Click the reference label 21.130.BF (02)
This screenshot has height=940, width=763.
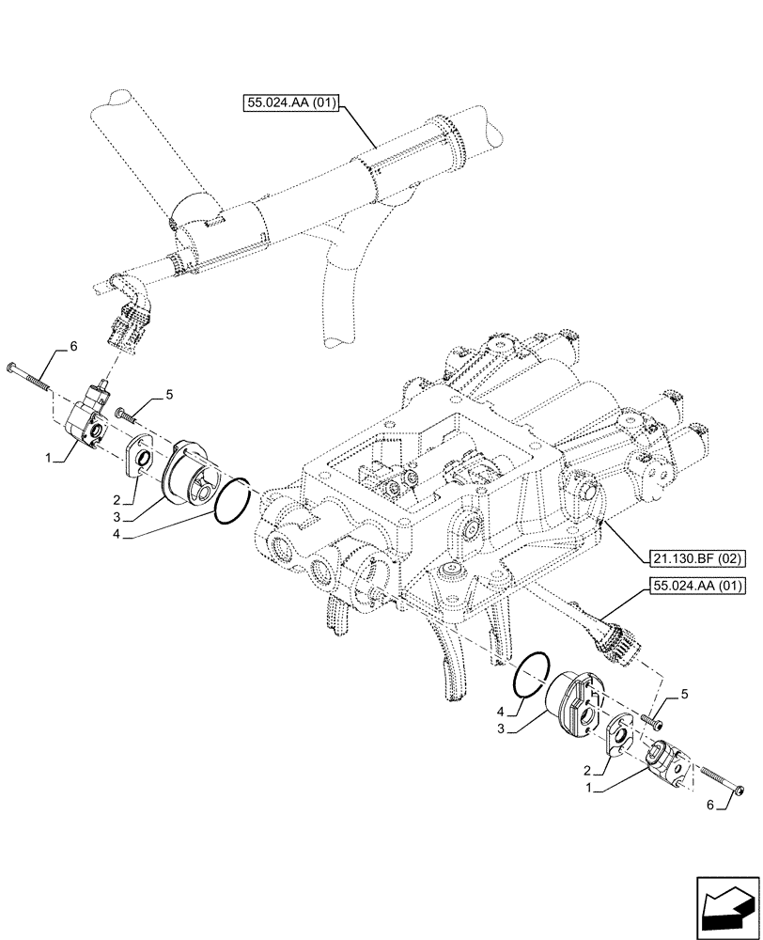(697, 558)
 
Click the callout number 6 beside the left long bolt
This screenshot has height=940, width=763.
(71, 347)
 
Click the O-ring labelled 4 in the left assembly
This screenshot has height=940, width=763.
(232, 499)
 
